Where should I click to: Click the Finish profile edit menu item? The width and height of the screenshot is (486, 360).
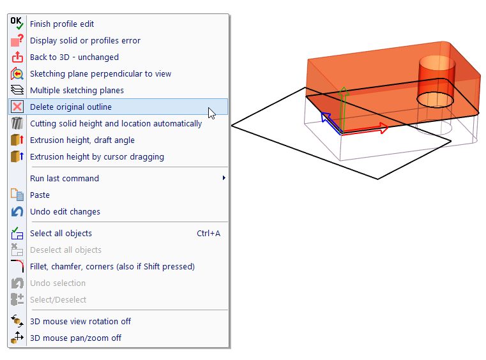pos(62,24)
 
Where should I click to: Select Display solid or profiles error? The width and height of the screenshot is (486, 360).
pos(85,41)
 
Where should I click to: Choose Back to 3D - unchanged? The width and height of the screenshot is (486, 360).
pos(74,57)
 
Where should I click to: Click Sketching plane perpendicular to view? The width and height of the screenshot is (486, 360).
pos(100,74)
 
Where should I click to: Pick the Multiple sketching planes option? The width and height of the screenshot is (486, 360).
pos(77,90)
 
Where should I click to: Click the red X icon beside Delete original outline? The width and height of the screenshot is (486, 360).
pos(17,107)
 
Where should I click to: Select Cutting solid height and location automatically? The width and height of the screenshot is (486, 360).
pos(116,124)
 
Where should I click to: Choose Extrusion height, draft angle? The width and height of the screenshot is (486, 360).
pos(82,140)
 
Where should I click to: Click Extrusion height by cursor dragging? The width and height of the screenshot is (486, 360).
pos(96,157)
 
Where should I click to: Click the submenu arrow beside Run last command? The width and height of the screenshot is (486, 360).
pos(224,178)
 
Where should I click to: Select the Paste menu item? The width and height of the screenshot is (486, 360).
pos(40,195)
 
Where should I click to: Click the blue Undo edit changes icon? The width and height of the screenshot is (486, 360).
pos(17,212)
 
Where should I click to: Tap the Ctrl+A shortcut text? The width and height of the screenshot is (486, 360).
pos(208,233)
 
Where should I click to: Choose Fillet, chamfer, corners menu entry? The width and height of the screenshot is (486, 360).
pos(112,266)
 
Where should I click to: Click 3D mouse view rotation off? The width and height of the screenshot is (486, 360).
pos(80,321)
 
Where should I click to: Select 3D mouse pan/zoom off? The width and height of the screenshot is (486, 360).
pos(75,338)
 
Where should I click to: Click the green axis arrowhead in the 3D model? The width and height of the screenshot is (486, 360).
pos(344,91)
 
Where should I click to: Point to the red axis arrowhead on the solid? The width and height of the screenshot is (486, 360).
pos(384,128)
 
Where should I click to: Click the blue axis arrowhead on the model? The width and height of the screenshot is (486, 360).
pos(325,116)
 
